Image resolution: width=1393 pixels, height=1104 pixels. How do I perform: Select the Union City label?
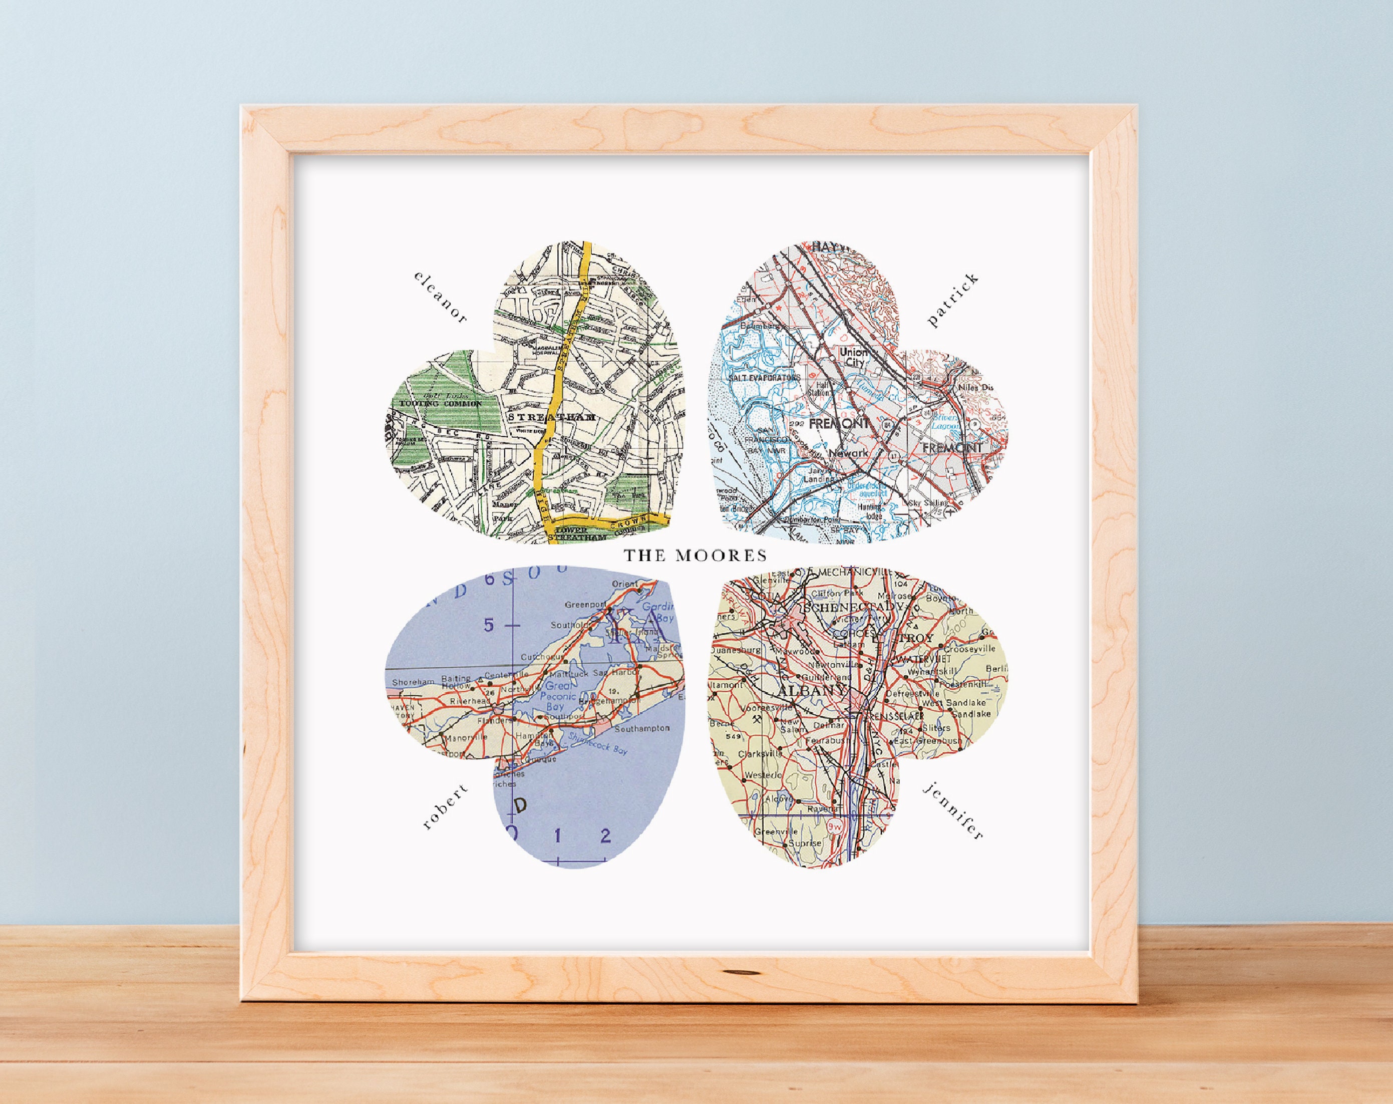[x=850, y=358]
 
